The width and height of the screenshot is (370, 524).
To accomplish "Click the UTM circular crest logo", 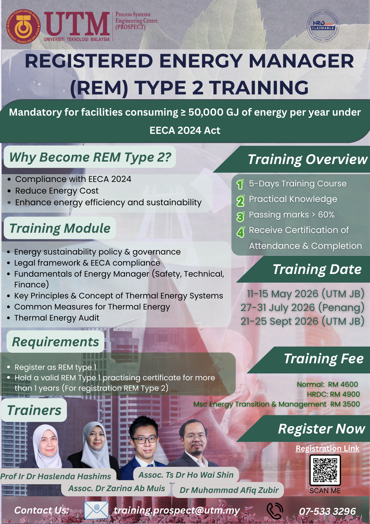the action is point(23,26).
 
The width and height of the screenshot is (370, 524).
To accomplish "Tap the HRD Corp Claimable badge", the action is point(323,26).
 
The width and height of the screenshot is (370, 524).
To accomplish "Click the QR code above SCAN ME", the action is point(325,470).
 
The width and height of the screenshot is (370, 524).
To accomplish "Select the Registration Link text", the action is point(327,448).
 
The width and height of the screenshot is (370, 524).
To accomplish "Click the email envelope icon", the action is point(96,510).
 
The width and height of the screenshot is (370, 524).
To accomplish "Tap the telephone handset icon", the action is point(275,511).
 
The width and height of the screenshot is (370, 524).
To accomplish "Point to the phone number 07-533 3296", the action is point(327,511).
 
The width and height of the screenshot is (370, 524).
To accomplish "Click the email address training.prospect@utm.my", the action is point(177,511).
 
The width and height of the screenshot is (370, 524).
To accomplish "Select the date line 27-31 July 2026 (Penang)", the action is point(303,307).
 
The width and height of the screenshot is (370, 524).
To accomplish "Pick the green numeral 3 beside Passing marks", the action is point(240,216).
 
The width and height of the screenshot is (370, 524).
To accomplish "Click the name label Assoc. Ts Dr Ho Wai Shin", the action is point(186,475).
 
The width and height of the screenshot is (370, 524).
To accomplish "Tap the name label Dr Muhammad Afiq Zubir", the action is point(229,490).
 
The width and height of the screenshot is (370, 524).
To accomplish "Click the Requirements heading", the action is point(55,342).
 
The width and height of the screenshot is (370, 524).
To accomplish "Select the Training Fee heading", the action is point(323,359).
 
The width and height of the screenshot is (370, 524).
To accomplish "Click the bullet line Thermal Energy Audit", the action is point(57,318).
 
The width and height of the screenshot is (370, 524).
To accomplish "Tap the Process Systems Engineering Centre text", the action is point(136,21).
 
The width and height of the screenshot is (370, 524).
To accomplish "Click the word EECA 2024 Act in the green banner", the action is point(185,130).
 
